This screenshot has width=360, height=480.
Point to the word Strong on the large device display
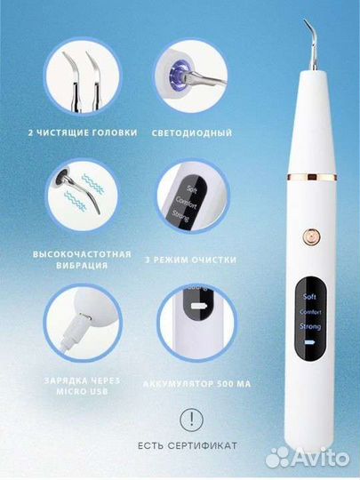(x=312, y=328)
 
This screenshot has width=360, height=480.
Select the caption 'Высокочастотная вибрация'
(x=82, y=259)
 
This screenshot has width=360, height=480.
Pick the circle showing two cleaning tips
(x=82, y=76)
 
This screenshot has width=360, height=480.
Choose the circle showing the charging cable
(x=82, y=322)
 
